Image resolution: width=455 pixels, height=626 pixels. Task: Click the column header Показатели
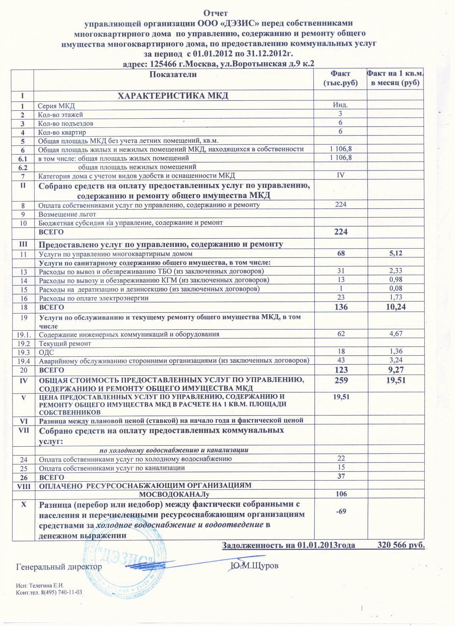[173, 75]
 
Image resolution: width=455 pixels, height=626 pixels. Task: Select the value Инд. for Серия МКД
[340, 105]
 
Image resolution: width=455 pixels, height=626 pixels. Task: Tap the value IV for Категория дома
[340, 175]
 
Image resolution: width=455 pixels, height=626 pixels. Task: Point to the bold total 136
[341, 306]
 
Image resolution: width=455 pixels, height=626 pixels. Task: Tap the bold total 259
[341, 381]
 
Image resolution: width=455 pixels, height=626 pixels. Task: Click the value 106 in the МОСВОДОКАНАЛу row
[341, 494]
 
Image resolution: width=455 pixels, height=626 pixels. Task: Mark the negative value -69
[341, 511]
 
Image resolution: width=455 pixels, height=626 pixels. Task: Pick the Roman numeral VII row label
[23, 430]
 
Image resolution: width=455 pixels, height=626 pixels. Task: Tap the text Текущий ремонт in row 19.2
[65, 343]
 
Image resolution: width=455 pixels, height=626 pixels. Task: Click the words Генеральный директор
[59, 566]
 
